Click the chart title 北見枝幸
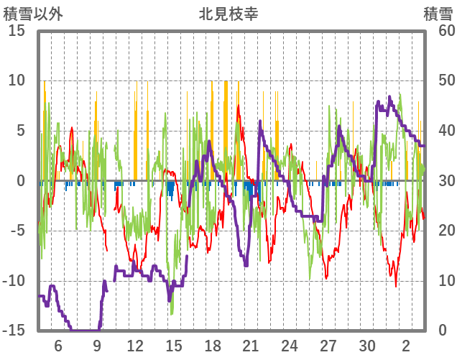228,14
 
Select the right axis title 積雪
438,14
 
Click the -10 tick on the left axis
15,282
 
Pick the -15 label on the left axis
15,331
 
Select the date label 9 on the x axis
97,345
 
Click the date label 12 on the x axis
135,345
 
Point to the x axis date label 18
213,345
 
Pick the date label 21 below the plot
251,345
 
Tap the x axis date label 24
290,345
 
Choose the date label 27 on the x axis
328,345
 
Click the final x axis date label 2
406,345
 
